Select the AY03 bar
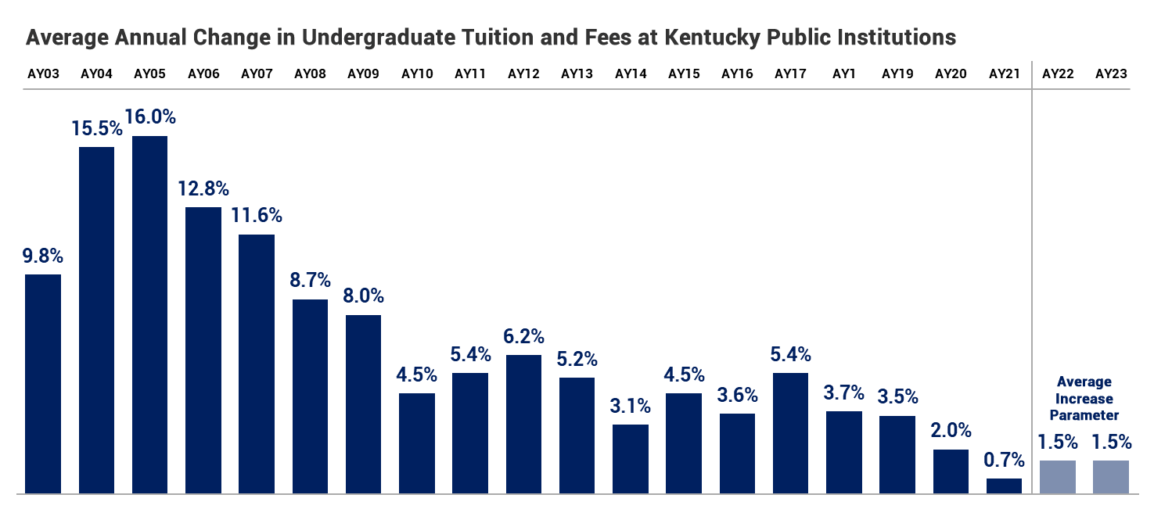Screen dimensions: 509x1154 (x=43, y=383)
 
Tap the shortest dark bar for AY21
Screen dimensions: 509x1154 (x=1004, y=486)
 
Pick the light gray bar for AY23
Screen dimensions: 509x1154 (x=1111, y=477)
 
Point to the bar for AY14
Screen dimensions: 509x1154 (x=631, y=459)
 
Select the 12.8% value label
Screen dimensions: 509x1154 (x=203, y=188)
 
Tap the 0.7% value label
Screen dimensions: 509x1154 (x=1004, y=460)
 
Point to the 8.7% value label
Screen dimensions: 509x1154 (x=310, y=280)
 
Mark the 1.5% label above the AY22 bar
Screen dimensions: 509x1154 (x=1058, y=442)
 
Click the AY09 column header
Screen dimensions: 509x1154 (x=363, y=74)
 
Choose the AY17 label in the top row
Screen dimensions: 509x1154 (x=790, y=74)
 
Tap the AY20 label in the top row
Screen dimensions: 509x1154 (x=951, y=74)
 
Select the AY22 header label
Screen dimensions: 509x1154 (x=1058, y=74)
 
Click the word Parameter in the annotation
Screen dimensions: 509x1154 (x=1084, y=415)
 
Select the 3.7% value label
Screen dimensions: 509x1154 (x=843, y=393)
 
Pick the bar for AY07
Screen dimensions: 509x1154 (x=257, y=364)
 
